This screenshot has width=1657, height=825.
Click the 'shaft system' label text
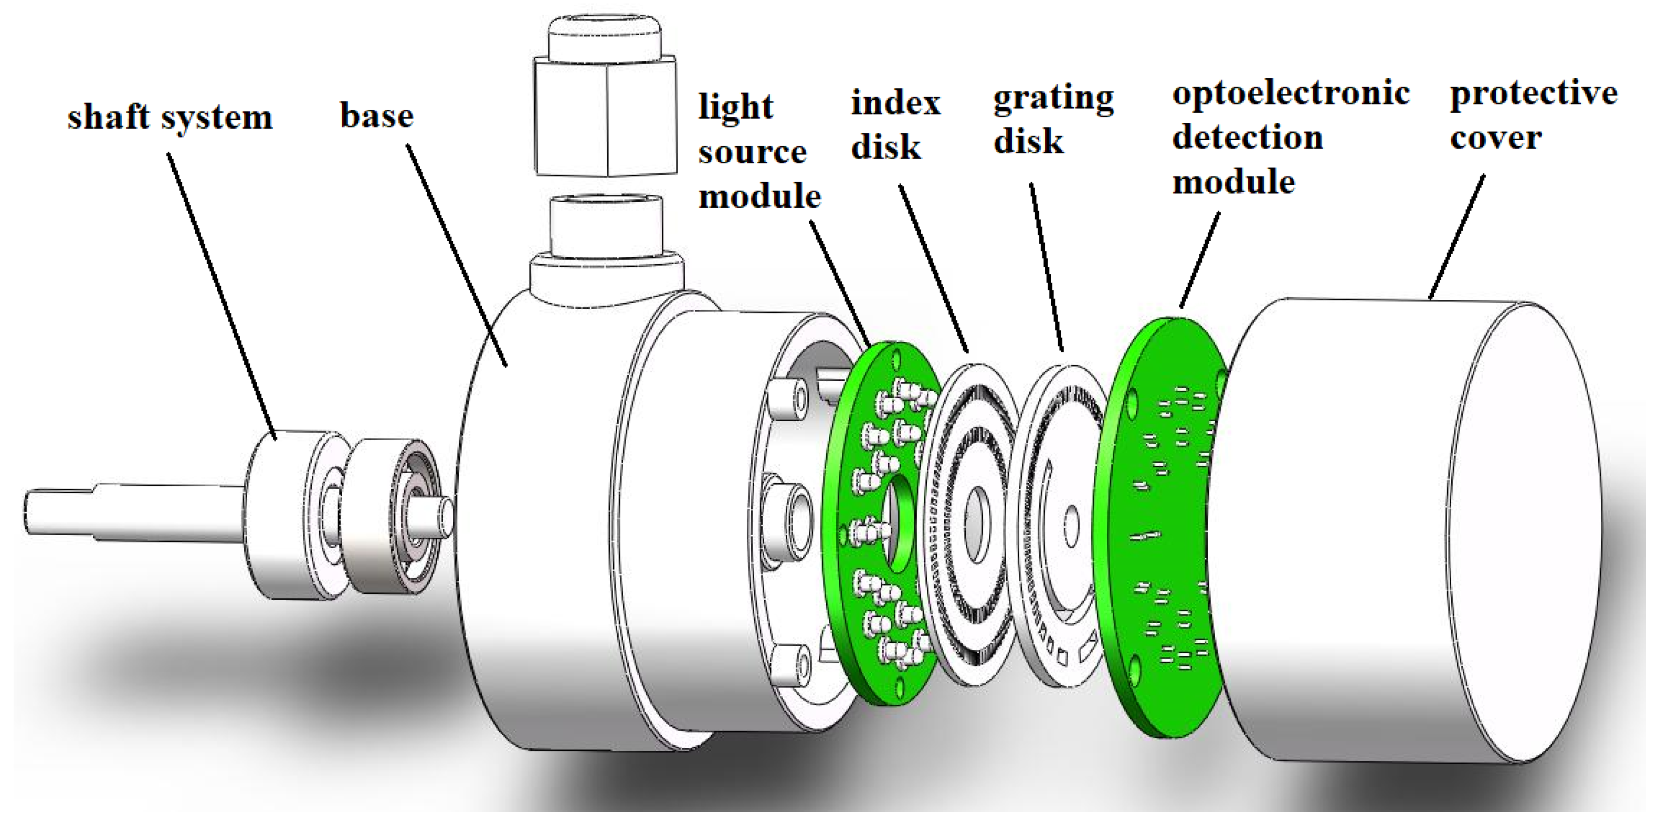tap(170, 118)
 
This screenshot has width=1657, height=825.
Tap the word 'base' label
tap(376, 116)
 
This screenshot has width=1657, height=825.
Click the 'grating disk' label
tap(1052, 119)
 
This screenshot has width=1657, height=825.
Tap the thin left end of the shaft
tap(58, 511)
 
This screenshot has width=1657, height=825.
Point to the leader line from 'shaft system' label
tap(222, 296)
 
